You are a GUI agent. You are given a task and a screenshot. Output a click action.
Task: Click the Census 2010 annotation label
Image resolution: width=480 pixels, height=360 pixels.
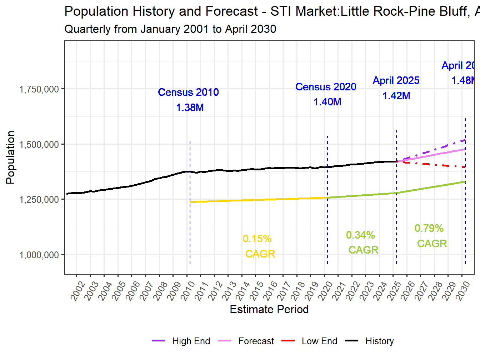(188, 92)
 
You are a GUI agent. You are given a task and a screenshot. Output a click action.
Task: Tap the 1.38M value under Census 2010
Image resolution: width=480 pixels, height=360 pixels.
(190, 107)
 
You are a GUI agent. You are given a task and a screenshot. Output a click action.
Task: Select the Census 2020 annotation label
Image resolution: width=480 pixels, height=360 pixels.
(326, 87)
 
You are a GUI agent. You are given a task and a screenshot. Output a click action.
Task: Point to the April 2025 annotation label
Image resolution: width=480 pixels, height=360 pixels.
(396, 80)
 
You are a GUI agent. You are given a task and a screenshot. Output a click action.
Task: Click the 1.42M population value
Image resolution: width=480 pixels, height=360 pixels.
(396, 96)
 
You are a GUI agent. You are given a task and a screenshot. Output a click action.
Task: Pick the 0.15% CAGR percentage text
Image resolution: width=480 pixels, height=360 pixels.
(257, 239)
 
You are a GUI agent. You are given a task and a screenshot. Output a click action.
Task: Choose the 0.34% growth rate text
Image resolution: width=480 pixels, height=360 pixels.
(360, 235)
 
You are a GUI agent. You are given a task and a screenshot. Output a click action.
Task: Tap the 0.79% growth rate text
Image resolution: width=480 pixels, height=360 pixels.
(429, 228)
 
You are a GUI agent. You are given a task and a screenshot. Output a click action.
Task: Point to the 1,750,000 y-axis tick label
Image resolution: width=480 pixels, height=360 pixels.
(39, 89)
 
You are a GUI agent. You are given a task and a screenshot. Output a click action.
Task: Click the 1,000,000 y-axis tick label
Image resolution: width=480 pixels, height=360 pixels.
(39, 255)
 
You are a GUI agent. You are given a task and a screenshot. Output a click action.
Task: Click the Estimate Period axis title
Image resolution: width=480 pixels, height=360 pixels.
(269, 309)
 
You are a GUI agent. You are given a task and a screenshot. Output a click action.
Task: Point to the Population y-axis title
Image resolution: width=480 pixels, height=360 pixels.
(10, 157)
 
